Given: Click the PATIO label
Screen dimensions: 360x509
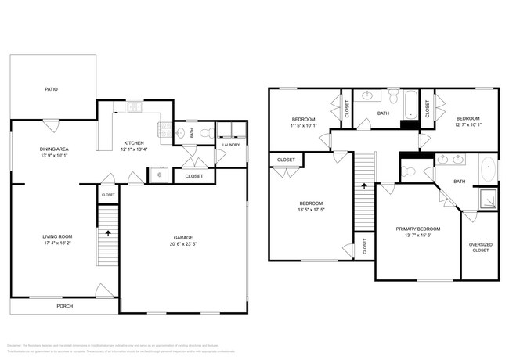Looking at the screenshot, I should click(51, 89).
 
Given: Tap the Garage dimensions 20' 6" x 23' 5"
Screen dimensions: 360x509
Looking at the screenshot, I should click(183, 243).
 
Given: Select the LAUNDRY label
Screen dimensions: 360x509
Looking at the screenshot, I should click(230, 145).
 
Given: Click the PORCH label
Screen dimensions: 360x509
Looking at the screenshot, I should click(64, 306).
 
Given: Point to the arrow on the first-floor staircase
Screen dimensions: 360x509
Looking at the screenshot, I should click(107, 232).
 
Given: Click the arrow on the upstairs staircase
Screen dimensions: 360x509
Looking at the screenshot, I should click(363, 185).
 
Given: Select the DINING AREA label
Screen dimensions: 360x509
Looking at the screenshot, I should click(55, 149).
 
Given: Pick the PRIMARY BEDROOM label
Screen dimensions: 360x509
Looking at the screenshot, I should click(417, 229).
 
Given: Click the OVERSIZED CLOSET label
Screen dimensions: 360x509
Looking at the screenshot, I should click(480, 248).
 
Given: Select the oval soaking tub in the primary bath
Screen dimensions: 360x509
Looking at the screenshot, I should click(487, 169).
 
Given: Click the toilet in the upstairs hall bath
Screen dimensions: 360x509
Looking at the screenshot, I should click(392, 96).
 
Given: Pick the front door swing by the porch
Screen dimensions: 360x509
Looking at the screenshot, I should click(103, 291).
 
